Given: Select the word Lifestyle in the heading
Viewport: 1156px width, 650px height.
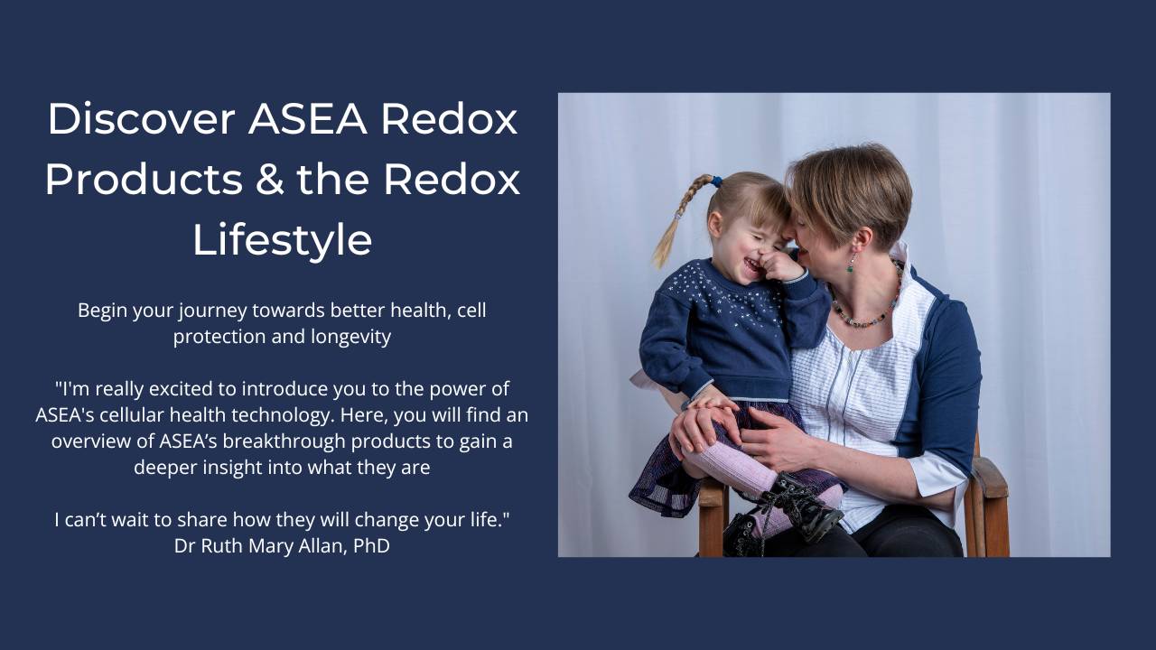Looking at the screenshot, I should coord(282,240).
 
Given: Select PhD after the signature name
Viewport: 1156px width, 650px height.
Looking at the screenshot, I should coord(370,546).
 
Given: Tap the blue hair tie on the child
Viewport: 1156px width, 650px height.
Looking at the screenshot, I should coord(715,181).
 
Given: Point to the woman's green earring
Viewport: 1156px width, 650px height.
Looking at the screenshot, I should coord(850,265).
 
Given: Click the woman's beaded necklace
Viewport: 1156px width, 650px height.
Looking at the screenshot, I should coord(867,316).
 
